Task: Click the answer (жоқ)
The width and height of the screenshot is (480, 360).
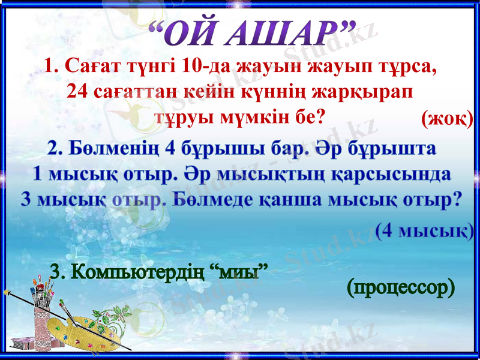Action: point(447,119)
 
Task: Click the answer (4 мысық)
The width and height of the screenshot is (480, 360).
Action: point(425,230)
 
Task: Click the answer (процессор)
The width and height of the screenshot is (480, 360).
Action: point(400,288)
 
